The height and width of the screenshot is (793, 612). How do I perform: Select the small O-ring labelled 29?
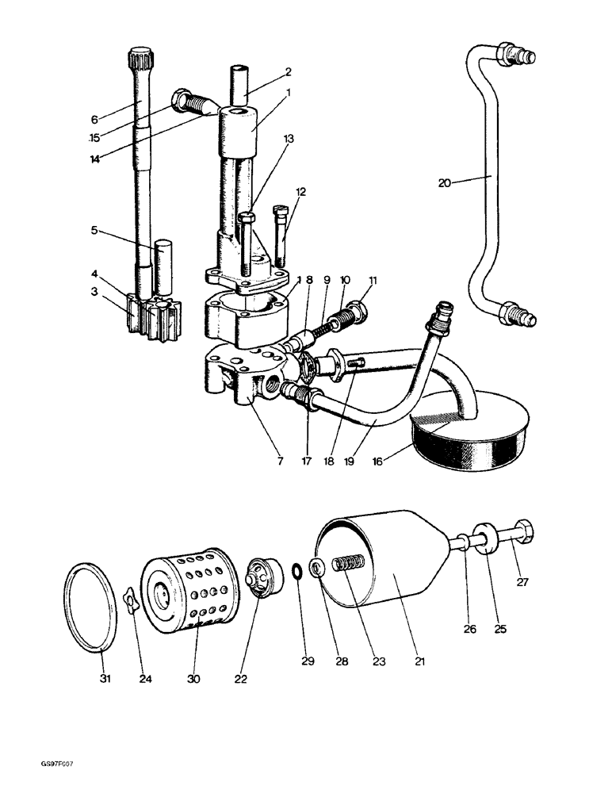[294, 572]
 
